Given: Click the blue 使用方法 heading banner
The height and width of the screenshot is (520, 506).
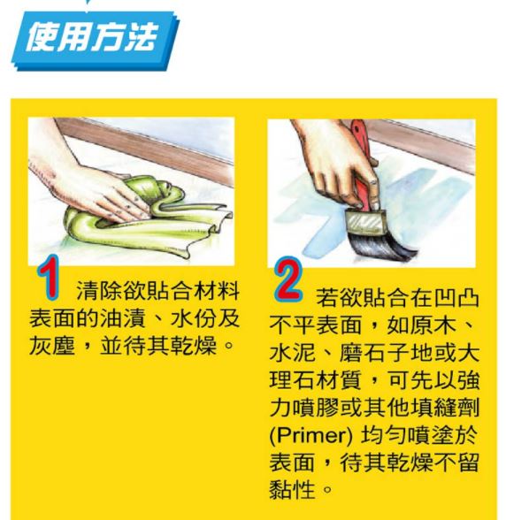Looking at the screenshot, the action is (x=96, y=41).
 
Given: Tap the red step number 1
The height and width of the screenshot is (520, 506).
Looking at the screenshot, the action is (x=50, y=278).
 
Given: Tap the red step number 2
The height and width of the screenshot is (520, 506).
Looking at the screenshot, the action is (x=288, y=279).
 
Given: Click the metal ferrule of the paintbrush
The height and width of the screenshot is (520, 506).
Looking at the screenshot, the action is (x=366, y=221).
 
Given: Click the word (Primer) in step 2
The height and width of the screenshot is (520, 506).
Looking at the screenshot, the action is (x=310, y=435).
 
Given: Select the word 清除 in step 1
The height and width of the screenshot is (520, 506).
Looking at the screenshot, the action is (x=99, y=290).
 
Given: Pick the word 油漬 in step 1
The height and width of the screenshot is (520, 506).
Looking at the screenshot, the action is (x=122, y=318).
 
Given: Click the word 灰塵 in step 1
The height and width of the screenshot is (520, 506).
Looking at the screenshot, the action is (x=52, y=346).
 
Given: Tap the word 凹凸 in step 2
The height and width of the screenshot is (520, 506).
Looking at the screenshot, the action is (x=456, y=297).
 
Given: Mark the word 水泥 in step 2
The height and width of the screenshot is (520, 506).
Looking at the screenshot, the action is (x=292, y=352).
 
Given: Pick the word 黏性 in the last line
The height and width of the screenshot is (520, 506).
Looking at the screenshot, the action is (x=292, y=489).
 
